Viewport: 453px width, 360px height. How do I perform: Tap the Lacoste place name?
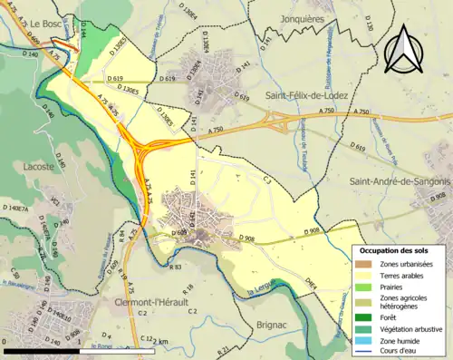tap(36, 166)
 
